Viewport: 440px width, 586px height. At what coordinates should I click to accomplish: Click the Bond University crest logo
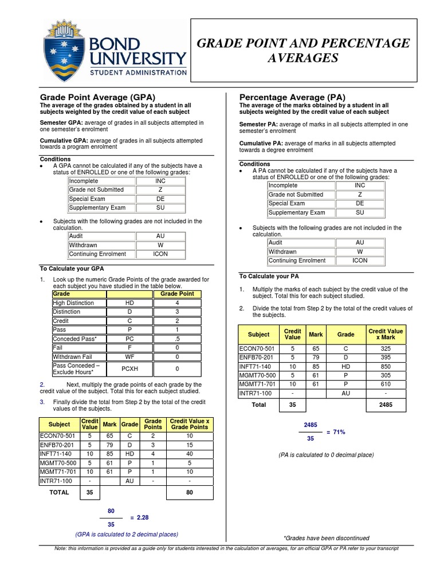tap(64, 50)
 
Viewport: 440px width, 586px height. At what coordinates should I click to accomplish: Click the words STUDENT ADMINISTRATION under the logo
tap(137, 73)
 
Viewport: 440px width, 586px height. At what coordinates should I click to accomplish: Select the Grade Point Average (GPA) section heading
tap(97, 97)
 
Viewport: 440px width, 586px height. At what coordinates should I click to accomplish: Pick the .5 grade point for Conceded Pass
tap(178, 339)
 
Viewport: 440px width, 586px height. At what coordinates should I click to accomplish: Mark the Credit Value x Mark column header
tap(386, 334)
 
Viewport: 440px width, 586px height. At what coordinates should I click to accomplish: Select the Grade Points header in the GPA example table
tap(153, 424)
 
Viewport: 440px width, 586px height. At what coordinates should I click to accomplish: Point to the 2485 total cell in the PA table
tap(386, 405)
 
